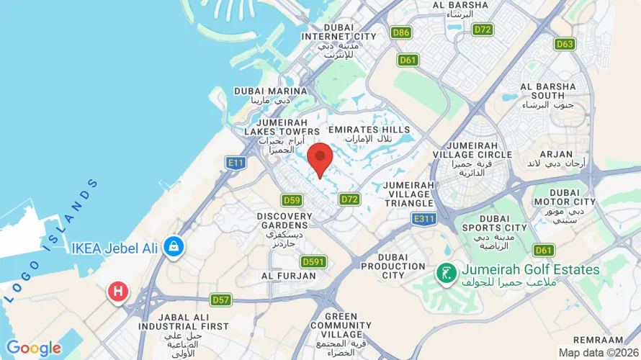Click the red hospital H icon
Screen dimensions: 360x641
tap(117, 292)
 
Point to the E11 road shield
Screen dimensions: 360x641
tap(236, 163)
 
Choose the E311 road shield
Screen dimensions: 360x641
tap(423, 217)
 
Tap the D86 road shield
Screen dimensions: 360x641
tap(401, 32)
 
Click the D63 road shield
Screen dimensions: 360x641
tap(565, 44)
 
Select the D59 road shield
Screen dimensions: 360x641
tap(292, 200)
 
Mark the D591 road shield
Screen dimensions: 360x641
tap(314, 262)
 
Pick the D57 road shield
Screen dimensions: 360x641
tap(220, 299)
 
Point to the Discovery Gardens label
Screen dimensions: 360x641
tap(284, 225)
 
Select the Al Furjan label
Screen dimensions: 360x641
tap(288, 276)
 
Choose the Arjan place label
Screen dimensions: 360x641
tap(556, 158)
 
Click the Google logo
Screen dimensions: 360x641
tap(34, 348)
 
